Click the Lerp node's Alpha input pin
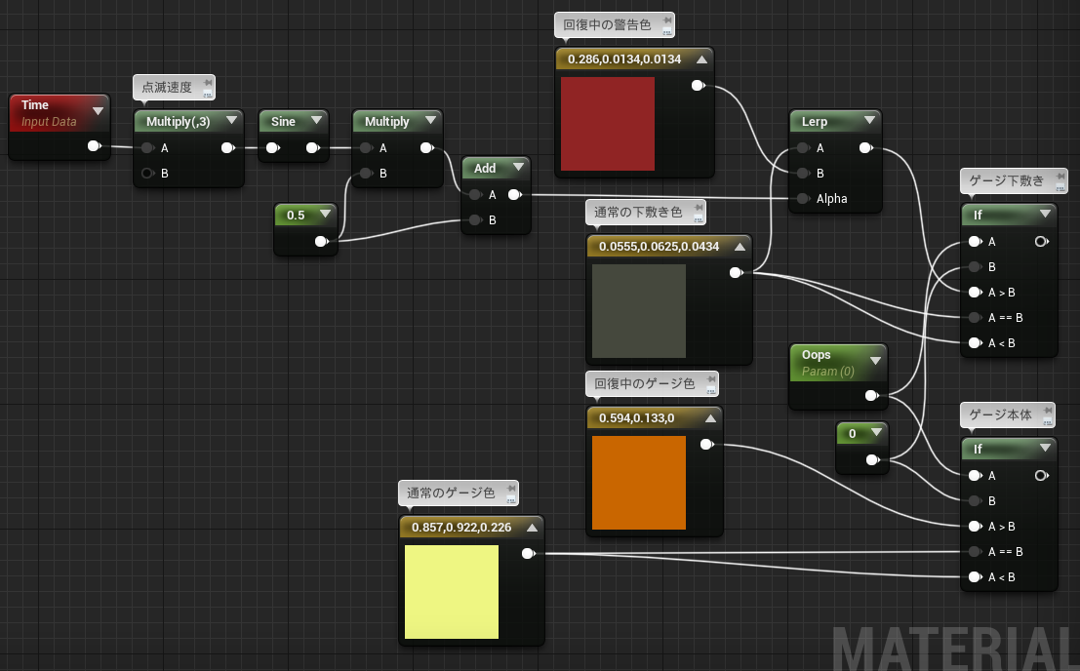tap(803, 199)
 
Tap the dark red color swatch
tap(608, 124)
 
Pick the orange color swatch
tap(638, 483)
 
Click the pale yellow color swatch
tap(451, 592)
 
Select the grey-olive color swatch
tap(638, 311)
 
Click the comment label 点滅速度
tap(167, 88)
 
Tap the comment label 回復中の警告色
tap(607, 24)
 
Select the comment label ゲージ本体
tap(1000, 415)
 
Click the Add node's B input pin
tap(475, 220)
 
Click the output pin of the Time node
tap(95, 146)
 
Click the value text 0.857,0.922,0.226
tap(461, 528)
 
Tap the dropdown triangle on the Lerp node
tap(869, 120)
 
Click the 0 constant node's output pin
tap(872, 459)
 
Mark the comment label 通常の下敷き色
tap(638, 212)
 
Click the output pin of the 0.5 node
tap(322, 241)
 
